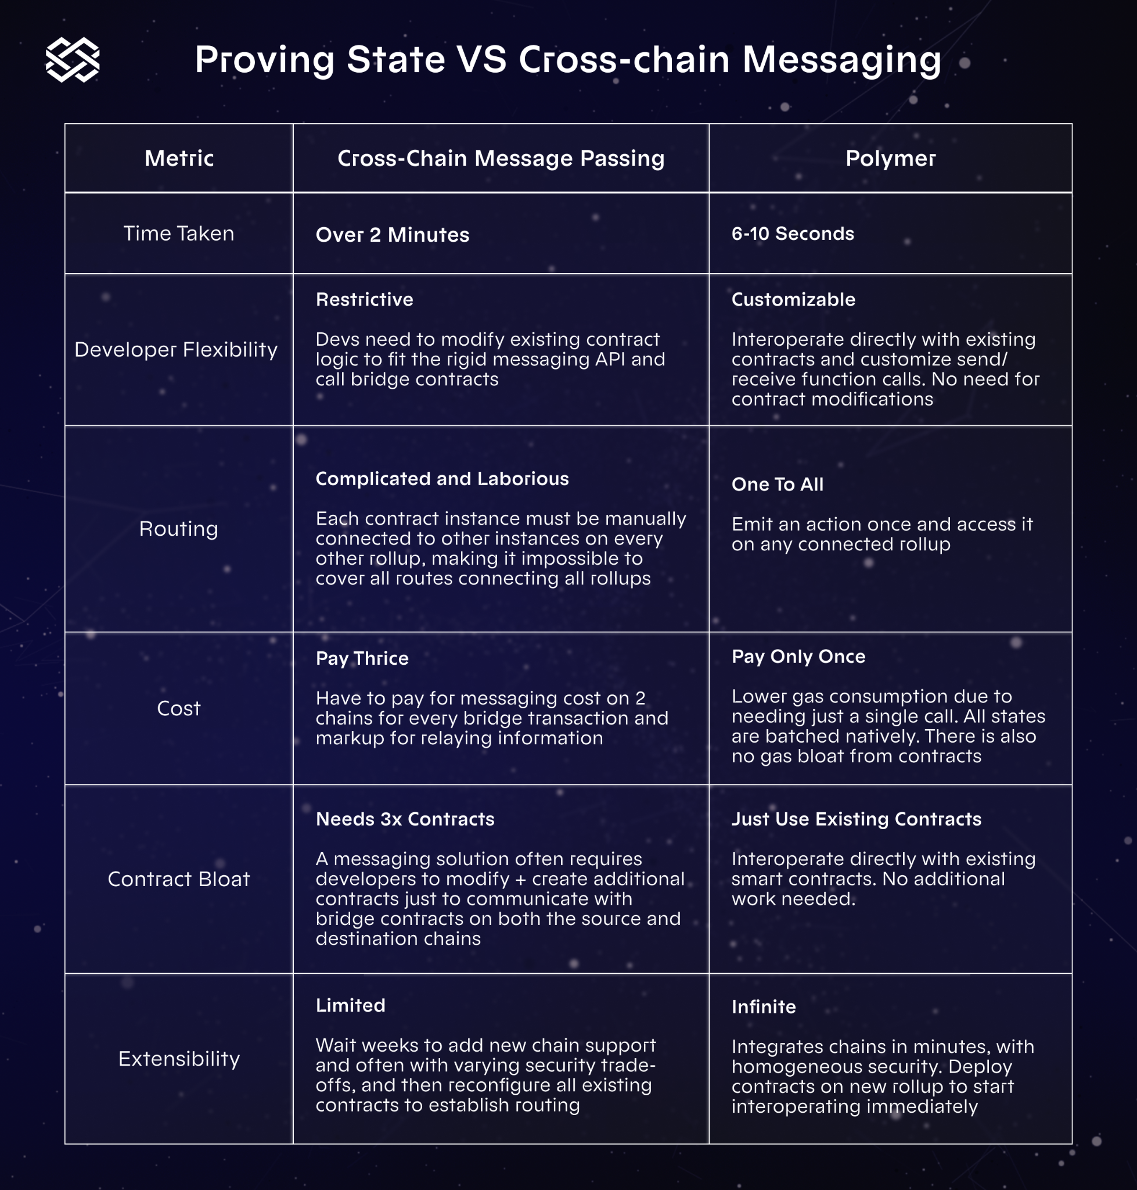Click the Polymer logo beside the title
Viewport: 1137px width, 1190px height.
tap(73, 59)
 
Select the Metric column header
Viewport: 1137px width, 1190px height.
tap(179, 158)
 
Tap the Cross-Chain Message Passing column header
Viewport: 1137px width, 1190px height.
tap(501, 158)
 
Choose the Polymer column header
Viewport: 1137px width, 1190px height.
tap(890, 158)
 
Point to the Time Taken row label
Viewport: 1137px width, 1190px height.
tap(179, 234)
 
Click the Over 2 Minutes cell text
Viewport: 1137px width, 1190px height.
tap(392, 235)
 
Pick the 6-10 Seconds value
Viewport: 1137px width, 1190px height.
tap(792, 234)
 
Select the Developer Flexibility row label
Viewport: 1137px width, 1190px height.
tap(176, 349)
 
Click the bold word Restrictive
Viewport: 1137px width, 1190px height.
tap(364, 299)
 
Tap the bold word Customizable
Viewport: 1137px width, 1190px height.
tap(793, 299)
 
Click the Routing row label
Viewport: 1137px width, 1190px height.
tap(179, 529)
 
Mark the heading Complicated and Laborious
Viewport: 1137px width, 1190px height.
tap(442, 479)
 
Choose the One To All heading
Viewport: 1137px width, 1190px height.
tap(777, 484)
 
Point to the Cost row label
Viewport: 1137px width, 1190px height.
tap(179, 708)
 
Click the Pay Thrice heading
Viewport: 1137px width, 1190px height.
tap(362, 658)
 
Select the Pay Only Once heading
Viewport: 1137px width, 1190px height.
tap(798, 656)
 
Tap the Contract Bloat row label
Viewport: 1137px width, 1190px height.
tap(179, 879)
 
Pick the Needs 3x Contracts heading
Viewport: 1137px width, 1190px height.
tap(405, 819)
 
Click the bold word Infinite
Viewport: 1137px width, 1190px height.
tap(764, 1007)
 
